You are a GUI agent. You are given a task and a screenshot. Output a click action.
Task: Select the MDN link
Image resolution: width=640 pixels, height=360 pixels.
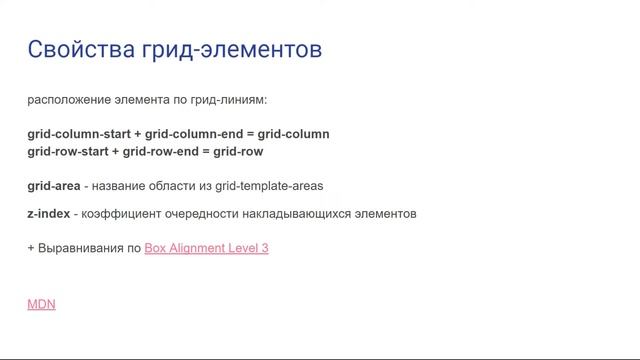tap(41, 304)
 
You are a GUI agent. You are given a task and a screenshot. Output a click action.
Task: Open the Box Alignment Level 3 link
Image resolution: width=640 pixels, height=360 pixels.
tap(207, 247)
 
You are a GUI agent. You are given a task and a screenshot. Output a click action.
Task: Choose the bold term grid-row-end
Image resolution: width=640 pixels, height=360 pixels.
tap(159, 152)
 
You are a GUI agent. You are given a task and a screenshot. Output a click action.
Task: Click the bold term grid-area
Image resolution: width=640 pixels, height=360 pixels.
tap(54, 186)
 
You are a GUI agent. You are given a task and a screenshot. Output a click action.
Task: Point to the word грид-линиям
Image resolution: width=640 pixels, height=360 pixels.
tap(232, 101)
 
